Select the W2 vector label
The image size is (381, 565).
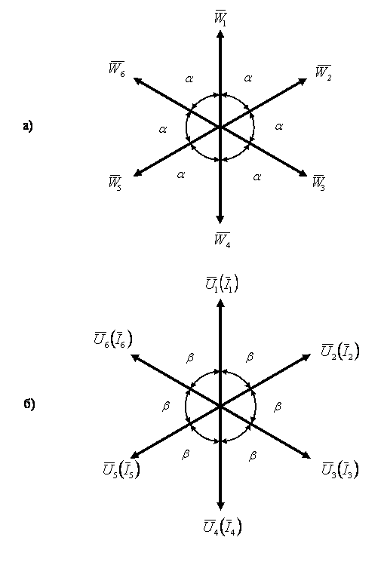323,72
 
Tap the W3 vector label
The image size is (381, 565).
319,183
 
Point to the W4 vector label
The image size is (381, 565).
222,240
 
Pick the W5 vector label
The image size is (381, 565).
115,183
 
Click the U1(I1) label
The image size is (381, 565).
222,284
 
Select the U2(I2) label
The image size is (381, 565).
340,352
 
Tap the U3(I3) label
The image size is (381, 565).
340,470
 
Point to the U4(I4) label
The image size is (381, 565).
223,527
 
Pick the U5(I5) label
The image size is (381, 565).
121,470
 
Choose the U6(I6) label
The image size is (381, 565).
113,339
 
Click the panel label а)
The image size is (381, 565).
28,127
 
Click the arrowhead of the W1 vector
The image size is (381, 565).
220,33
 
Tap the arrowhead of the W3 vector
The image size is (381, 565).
303,173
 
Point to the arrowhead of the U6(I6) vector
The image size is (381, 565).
135,357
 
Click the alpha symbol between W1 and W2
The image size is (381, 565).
248,78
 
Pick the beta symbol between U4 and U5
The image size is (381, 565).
186,455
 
